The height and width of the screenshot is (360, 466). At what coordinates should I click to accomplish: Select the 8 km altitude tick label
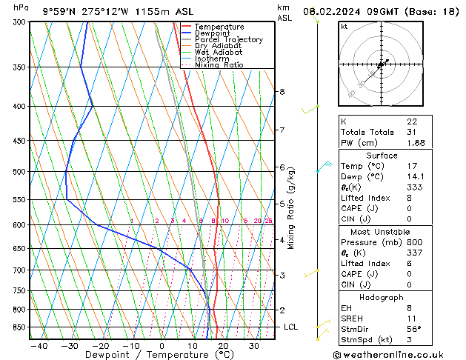(x=282, y=92)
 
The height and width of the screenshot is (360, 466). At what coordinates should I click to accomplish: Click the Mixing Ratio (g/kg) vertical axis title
(x=291, y=208)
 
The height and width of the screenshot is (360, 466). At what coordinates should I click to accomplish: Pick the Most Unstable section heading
(x=382, y=231)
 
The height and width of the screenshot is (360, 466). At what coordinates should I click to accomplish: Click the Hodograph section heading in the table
(x=382, y=296)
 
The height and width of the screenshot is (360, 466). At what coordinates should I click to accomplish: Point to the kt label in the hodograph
(x=344, y=27)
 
